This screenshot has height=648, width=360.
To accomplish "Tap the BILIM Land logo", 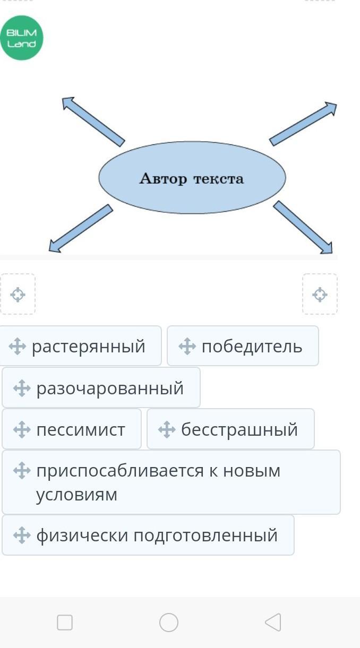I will click(x=22, y=38).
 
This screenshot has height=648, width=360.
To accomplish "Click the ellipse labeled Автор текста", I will click(x=192, y=178).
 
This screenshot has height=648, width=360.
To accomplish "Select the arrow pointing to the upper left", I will click(x=93, y=121).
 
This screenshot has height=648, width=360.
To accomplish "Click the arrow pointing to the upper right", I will click(x=303, y=124).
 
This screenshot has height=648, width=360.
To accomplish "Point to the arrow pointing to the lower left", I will click(x=81, y=228).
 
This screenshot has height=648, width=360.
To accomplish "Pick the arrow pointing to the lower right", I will click(x=303, y=227).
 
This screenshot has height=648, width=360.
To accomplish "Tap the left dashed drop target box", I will click(x=18, y=294).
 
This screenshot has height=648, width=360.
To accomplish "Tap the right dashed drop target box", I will click(x=320, y=294).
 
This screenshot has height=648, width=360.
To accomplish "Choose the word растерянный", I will click(x=88, y=346).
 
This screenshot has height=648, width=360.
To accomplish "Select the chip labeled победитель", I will click(x=252, y=346).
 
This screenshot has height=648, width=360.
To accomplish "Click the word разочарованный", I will click(x=110, y=388).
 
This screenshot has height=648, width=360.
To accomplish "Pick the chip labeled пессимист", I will click(x=81, y=429).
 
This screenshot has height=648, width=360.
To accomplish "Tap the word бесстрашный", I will click(x=239, y=429).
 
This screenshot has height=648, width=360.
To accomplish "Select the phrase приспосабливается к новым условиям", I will click(x=158, y=482).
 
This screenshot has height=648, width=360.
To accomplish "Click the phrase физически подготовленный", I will click(x=157, y=535).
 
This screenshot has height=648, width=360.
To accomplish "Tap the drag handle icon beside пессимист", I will click(x=22, y=429).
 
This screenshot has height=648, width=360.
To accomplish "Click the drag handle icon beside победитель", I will click(x=187, y=346).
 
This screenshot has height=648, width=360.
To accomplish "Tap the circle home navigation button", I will click(x=169, y=623).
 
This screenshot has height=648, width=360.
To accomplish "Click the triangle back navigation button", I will click(x=273, y=623).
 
